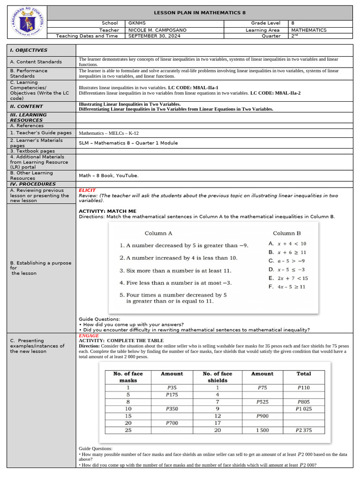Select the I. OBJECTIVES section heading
coord(29,50)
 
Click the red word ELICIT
coord(87,190)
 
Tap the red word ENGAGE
coord(89,336)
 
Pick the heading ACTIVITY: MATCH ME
coord(107,211)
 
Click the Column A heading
coord(158,233)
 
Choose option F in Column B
coord(287,286)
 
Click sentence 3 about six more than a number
coord(175,270)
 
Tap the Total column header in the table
coord(304,374)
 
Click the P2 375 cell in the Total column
coord(304,430)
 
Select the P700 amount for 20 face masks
coord(172,423)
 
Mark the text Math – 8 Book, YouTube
coord(108,175)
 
